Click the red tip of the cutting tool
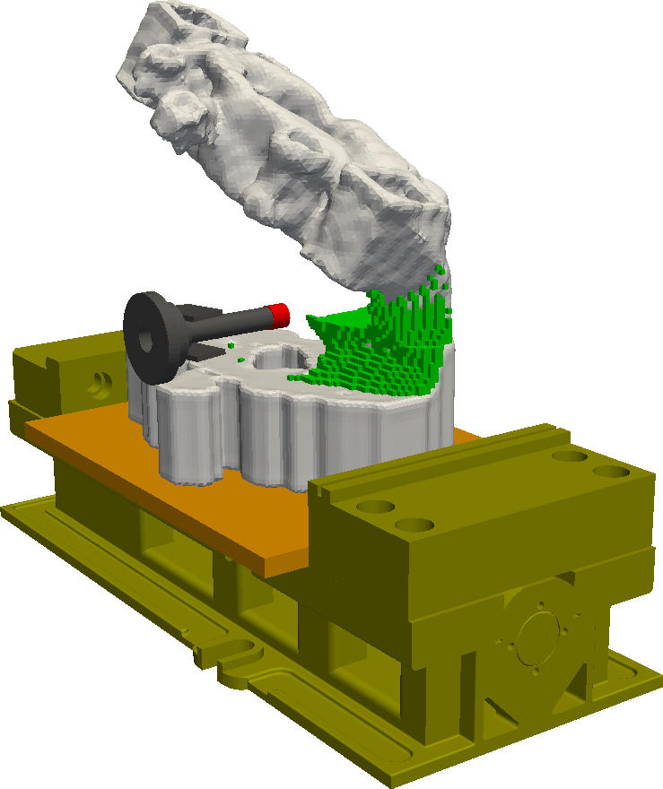[x=280, y=315]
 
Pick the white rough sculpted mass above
[x=269, y=134]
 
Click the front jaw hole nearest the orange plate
[x=377, y=507]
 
